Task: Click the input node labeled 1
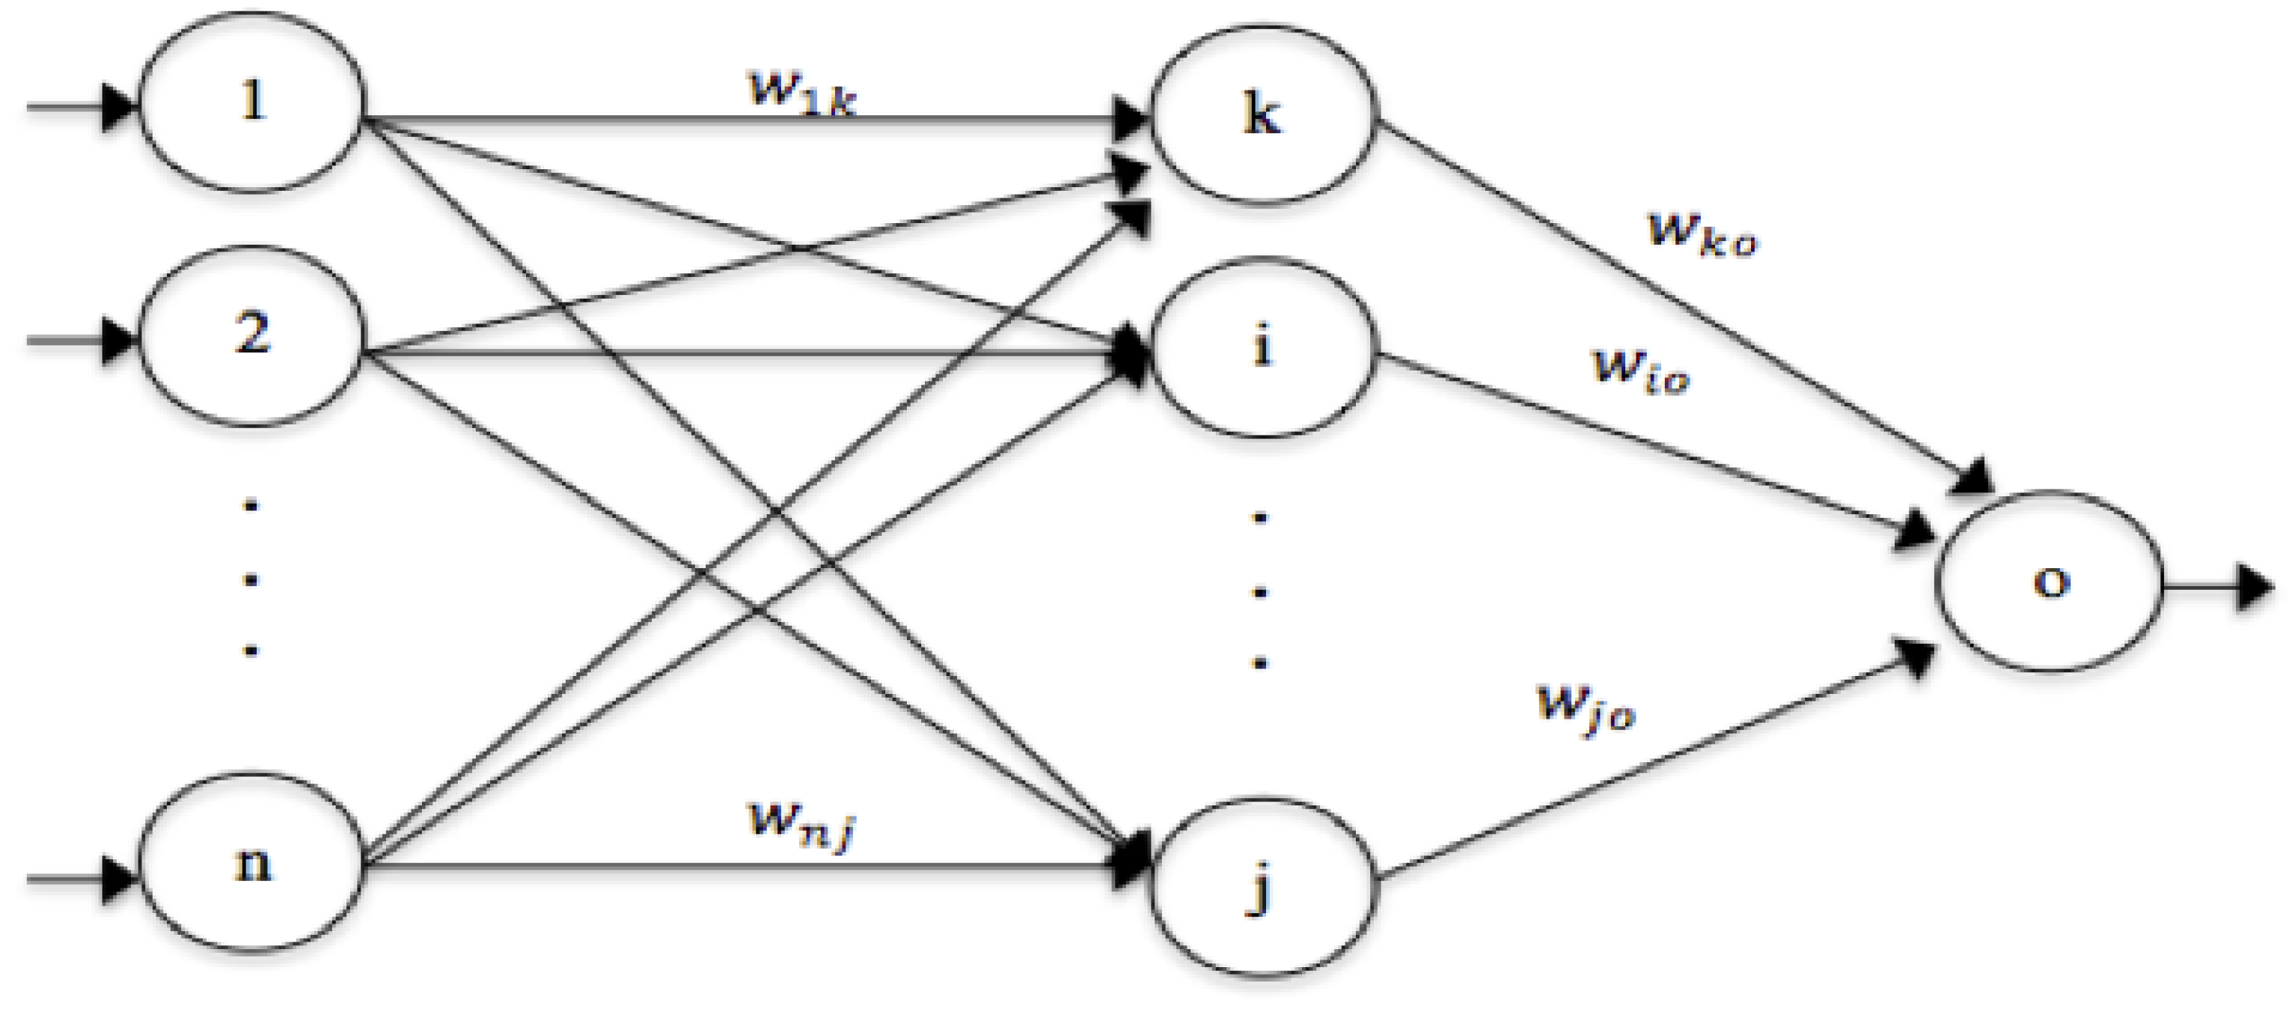point(252,103)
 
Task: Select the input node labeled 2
point(252,336)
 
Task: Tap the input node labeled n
point(252,862)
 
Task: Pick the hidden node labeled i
point(1262,347)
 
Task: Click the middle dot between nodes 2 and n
point(251,580)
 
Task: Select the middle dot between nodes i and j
point(1259,591)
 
